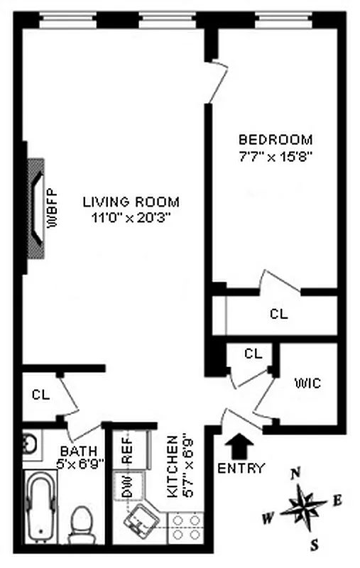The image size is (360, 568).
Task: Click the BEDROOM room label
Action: (x=275, y=140)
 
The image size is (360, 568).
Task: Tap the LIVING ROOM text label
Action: (x=130, y=201)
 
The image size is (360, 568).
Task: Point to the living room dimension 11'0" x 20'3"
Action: (x=130, y=218)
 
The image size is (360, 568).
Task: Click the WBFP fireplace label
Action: (x=52, y=207)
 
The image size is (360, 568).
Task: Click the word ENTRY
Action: (x=241, y=469)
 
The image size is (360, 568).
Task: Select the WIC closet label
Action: (x=307, y=383)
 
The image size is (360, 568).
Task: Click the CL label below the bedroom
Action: (x=278, y=315)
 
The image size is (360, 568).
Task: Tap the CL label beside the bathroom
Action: (x=40, y=395)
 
